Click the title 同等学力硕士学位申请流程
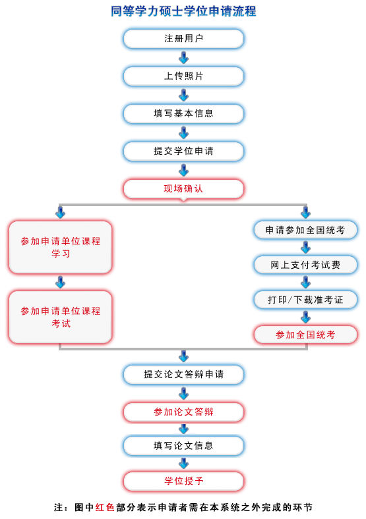[x=183, y=11]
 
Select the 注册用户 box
[x=183, y=39]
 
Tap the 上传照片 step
[x=183, y=76]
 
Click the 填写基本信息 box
[x=183, y=114]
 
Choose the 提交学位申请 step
[x=183, y=151]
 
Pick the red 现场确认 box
[x=183, y=189]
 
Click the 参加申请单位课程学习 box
[x=61, y=248]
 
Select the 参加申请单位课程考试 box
[x=61, y=317]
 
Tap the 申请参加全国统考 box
[x=305, y=231]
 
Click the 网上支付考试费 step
[x=305, y=265]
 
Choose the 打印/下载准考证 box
[x=305, y=300]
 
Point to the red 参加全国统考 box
[x=305, y=335]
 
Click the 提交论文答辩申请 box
[x=183, y=375]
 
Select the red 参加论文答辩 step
[x=183, y=412]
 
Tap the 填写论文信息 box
[x=183, y=446]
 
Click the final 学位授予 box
[x=183, y=481]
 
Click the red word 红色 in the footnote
[x=105, y=508]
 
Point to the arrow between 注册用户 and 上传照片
[x=183, y=58]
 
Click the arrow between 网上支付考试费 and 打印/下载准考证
[x=305, y=283]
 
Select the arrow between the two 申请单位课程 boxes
[x=61, y=283]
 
